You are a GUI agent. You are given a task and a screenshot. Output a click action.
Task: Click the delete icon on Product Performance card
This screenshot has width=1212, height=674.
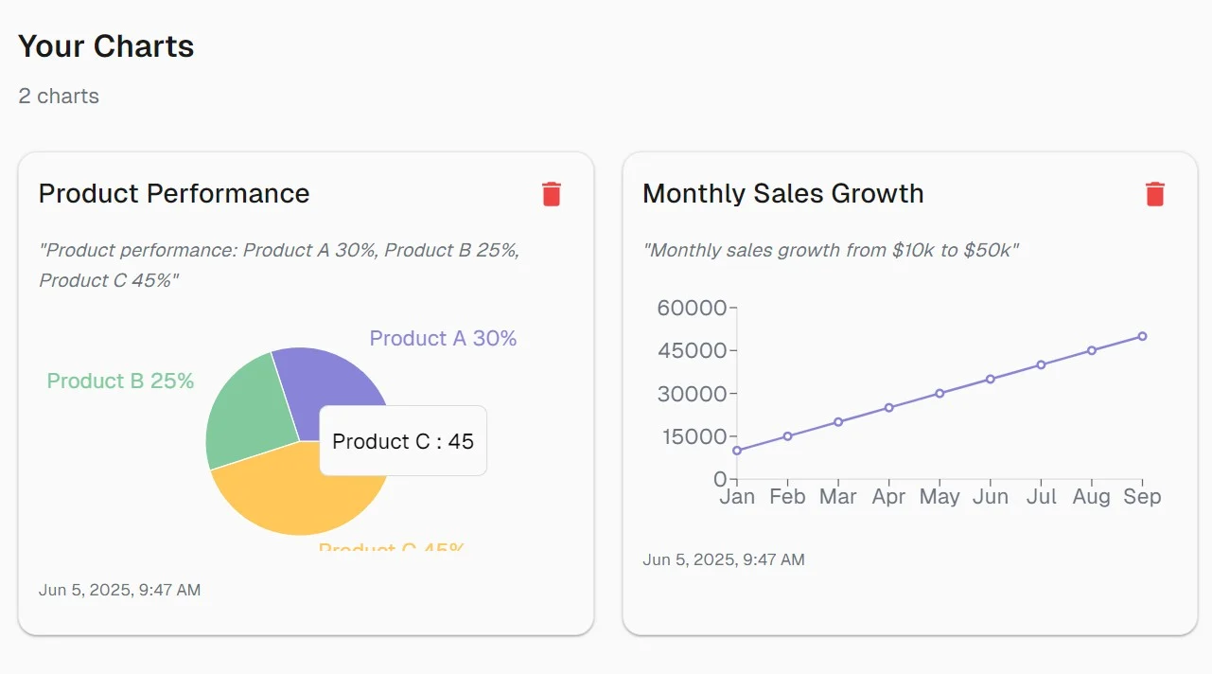pyautogui.click(x=552, y=194)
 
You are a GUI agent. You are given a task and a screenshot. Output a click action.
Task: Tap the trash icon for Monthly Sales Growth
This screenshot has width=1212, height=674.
pyautogui.click(x=1154, y=194)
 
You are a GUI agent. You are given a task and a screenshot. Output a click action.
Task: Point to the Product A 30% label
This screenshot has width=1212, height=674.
pyautogui.click(x=443, y=338)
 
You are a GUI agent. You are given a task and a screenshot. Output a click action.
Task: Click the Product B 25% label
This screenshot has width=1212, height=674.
pyautogui.click(x=120, y=381)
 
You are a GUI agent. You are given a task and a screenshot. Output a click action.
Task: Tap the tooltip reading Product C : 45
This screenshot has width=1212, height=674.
pyautogui.click(x=403, y=441)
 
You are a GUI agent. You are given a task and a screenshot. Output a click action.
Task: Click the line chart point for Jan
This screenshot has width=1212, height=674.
pyautogui.click(x=737, y=451)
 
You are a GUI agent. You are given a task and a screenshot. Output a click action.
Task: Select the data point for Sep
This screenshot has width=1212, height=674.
pyautogui.click(x=1142, y=336)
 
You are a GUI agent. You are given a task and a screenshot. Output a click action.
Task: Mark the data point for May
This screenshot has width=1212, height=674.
pyautogui.click(x=940, y=393)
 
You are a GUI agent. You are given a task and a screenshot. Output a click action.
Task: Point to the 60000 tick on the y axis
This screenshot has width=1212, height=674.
pyautogui.click(x=691, y=308)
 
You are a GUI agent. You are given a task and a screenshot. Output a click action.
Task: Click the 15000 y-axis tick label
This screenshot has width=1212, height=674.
pyautogui.click(x=691, y=436)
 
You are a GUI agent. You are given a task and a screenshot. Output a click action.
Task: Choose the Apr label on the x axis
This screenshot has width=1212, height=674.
pyautogui.click(x=888, y=497)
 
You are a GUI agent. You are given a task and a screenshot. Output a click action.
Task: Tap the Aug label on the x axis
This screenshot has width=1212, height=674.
pyautogui.click(x=1091, y=497)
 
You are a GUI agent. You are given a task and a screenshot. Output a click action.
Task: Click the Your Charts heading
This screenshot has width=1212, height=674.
pyautogui.click(x=106, y=46)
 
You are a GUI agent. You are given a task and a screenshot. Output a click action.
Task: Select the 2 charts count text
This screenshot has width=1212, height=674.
pyautogui.click(x=59, y=96)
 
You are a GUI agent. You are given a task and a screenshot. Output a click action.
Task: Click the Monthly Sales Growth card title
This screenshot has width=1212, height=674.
pyautogui.click(x=782, y=193)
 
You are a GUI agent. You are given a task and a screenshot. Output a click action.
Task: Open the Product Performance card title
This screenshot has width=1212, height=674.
pyautogui.click(x=174, y=193)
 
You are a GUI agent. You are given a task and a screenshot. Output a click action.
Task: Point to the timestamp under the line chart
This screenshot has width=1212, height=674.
pyautogui.click(x=724, y=559)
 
